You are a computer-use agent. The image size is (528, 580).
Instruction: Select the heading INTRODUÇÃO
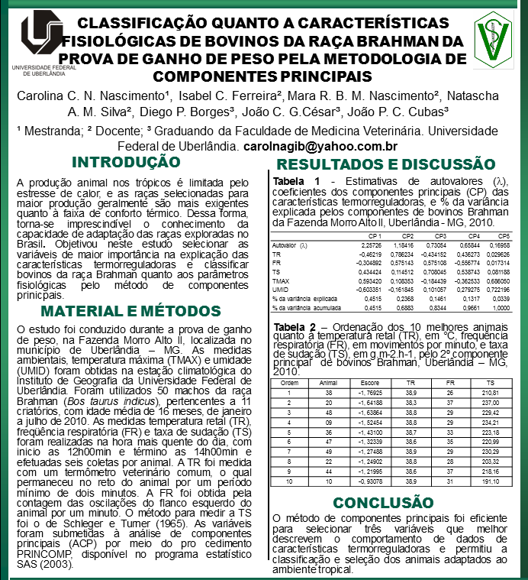pyautogui.click(x=125, y=162)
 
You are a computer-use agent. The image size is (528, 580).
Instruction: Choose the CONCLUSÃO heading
pyautogui.click(x=383, y=502)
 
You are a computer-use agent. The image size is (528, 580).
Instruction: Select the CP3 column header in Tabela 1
pyautogui.click(x=440, y=236)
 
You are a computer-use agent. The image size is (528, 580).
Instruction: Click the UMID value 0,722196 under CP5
pyautogui.click(x=497, y=290)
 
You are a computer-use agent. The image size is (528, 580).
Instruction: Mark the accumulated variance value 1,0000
pyautogui.click(x=500, y=306)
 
